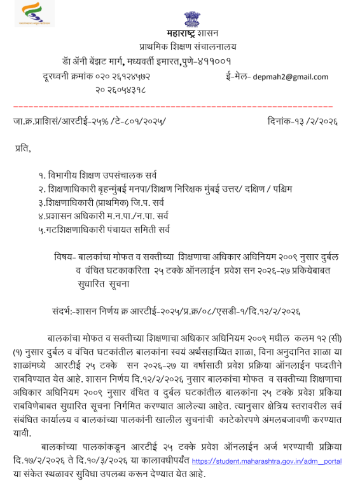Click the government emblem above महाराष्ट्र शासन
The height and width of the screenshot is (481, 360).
point(191,18)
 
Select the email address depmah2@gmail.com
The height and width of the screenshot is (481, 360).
point(290,77)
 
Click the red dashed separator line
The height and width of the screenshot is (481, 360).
point(172,105)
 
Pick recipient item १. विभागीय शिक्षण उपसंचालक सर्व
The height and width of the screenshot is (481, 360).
point(97,175)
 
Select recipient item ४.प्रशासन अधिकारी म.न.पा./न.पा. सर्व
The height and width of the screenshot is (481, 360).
point(103,216)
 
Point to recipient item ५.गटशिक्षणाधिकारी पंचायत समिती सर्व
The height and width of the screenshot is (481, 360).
point(104,230)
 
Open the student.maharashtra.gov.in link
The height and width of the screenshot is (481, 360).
point(267,461)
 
